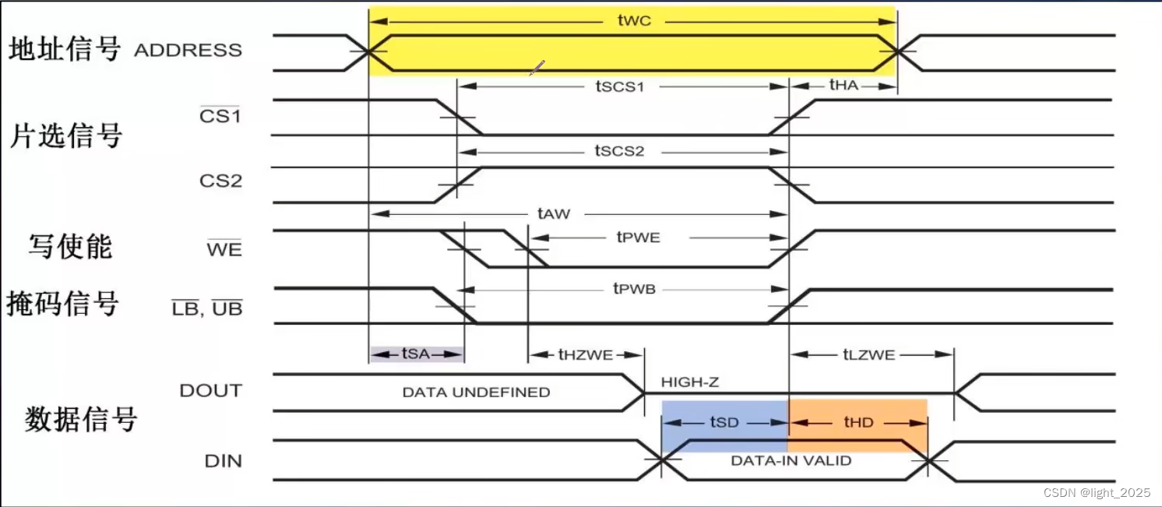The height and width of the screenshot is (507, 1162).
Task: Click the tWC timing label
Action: [634, 21]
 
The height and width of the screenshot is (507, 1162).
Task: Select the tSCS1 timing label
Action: [620, 86]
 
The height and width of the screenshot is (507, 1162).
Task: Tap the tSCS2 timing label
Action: [620, 150]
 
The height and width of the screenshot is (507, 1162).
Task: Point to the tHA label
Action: [843, 86]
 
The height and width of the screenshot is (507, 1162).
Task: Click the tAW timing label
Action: [554, 213]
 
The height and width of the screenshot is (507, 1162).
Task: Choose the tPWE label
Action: [638, 237]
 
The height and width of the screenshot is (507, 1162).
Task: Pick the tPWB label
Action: [634, 289]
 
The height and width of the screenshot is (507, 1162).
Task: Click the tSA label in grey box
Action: [416, 354]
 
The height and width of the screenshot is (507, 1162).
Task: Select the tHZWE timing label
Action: [586, 354]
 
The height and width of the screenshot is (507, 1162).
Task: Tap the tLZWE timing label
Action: [869, 354]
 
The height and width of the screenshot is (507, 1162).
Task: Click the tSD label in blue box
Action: [724, 422]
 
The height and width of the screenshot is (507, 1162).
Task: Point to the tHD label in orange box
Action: [858, 422]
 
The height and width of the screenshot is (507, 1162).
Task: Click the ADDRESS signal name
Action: [188, 51]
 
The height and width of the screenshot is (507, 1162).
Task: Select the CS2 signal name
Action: [220, 181]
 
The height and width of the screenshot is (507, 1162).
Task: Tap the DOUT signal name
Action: [210, 390]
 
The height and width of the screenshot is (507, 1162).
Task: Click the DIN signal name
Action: [223, 461]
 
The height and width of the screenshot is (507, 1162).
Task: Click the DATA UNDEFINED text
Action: [476, 392]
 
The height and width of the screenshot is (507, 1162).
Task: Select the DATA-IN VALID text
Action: [791, 460]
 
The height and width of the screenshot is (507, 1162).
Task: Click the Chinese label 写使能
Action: [70, 246]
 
